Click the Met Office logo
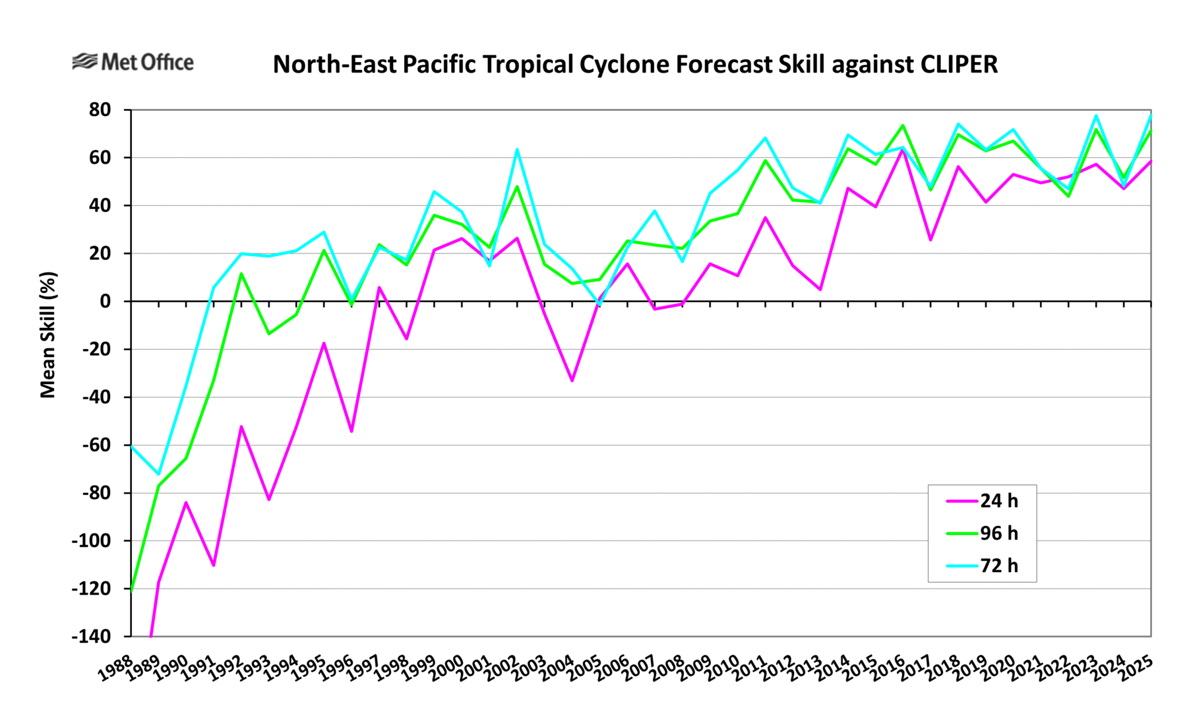pyautogui.click(x=133, y=62)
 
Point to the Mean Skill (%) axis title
pyautogui.click(x=48, y=335)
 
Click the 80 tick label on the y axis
pyautogui.click(x=100, y=110)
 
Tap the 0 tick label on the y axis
pyautogui.click(x=106, y=302)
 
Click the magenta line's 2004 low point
pyautogui.click(x=572, y=381)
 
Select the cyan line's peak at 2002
pyautogui.click(x=517, y=149)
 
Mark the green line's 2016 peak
pyautogui.click(x=903, y=125)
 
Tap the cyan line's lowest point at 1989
pyautogui.click(x=159, y=474)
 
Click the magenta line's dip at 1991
pyautogui.click(x=214, y=566)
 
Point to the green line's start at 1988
pyautogui.click(x=132, y=591)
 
